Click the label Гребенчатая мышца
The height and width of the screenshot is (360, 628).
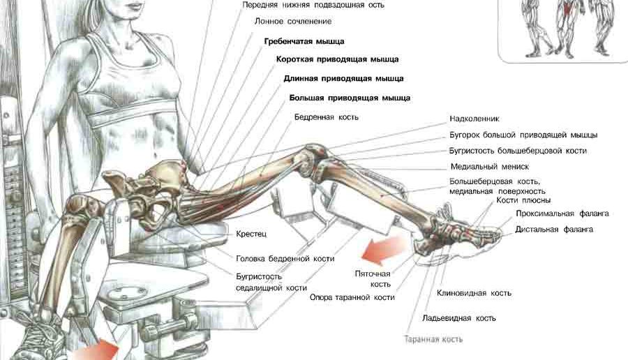coord(304,41)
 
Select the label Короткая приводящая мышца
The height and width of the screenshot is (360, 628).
coord(337,59)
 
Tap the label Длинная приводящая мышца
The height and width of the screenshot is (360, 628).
coord(343,78)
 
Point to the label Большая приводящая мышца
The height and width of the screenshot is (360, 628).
coord(350,98)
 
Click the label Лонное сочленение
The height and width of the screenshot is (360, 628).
coord(293,21)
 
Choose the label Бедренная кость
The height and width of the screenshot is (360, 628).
coord(327,117)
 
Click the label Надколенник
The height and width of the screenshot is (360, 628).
coord(474,119)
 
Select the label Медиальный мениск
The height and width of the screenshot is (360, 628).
coord(489,167)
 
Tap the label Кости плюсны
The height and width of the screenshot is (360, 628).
coord(523,200)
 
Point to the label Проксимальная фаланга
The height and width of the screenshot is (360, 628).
coord(562,213)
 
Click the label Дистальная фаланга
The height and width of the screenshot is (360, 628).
coord(554,230)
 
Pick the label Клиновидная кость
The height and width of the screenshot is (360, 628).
coord(474,293)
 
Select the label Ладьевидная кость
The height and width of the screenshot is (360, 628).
coord(459,318)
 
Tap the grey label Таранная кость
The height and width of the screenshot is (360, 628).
coord(433,340)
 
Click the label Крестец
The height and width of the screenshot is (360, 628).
coord(251,234)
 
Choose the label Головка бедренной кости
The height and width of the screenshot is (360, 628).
coord(285,259)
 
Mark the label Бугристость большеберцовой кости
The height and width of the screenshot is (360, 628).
coord(518,151)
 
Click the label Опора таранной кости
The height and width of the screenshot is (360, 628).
coord(352,297)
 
